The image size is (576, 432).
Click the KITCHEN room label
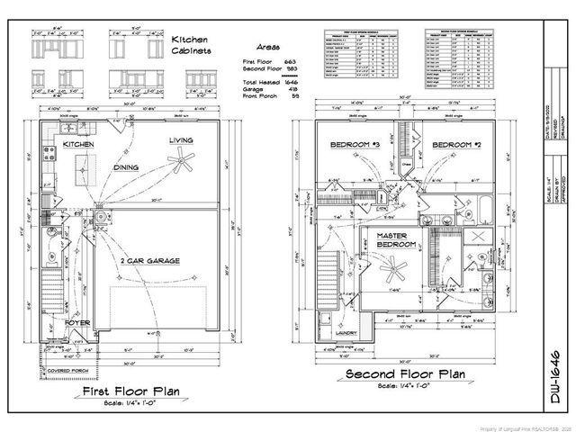(80, 144)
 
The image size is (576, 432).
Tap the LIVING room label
(182, 141)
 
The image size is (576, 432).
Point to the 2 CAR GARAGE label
(149, 261)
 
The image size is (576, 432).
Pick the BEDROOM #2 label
(450, 145)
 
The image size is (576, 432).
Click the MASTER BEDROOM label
(393, 239)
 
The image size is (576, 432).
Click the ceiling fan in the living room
(184, 163)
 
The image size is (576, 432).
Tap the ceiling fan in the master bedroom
(393, 267)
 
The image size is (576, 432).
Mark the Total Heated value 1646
(290, 82)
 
